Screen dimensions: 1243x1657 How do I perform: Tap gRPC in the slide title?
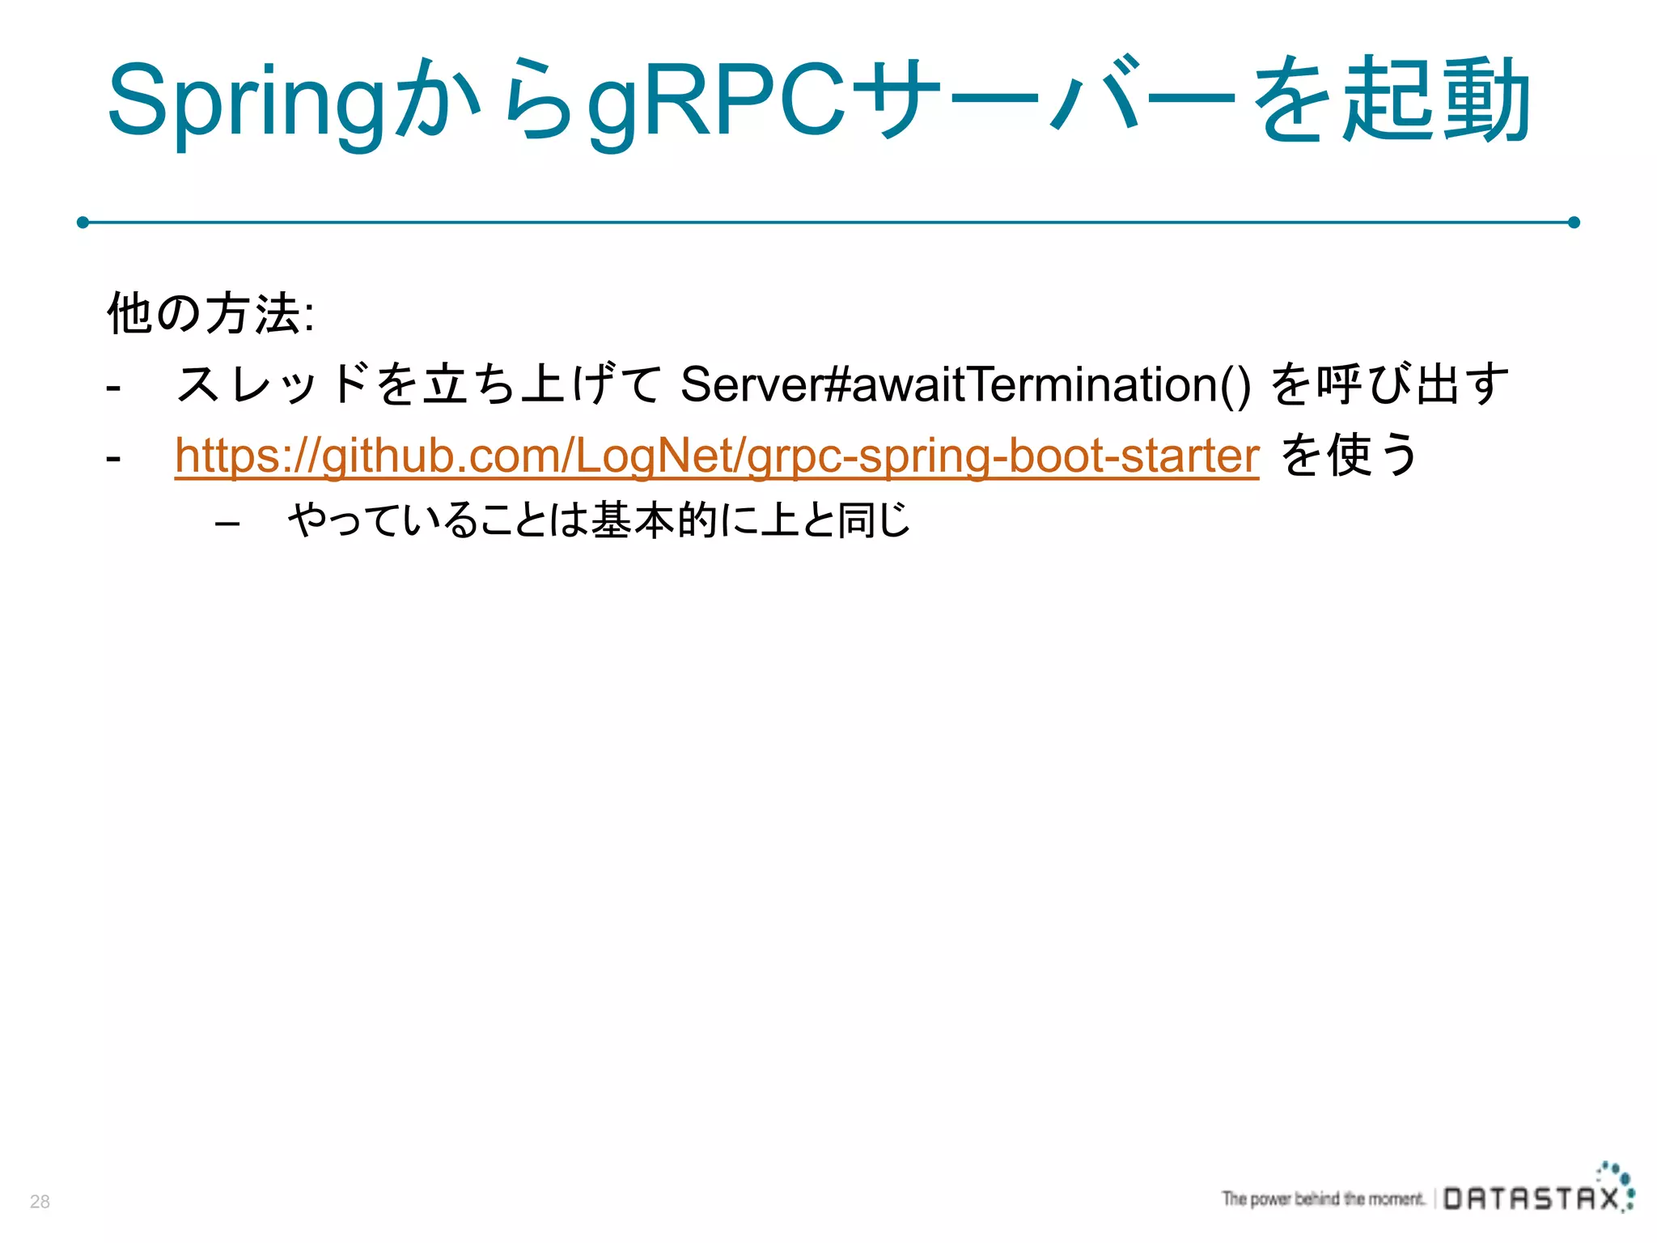(716, 101)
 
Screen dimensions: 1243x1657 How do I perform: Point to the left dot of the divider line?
(83, 222)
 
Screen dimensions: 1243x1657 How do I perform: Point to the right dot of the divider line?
(1574, 222)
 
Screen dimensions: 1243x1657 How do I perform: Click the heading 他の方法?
(210, 313)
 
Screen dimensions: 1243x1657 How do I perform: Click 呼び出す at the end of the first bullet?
(1412, 384)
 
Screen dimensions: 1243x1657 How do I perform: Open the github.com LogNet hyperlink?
(716, 456)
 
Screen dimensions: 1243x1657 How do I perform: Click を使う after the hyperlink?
(1349, 455)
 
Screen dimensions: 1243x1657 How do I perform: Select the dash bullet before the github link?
(113, 458)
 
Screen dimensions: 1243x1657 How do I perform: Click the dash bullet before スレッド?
(113, 388)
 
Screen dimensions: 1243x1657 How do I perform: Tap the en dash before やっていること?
(227, 524)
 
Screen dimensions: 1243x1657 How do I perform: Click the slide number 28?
(40, 1202)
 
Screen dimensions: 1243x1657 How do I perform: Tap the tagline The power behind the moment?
(1323, 1198)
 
